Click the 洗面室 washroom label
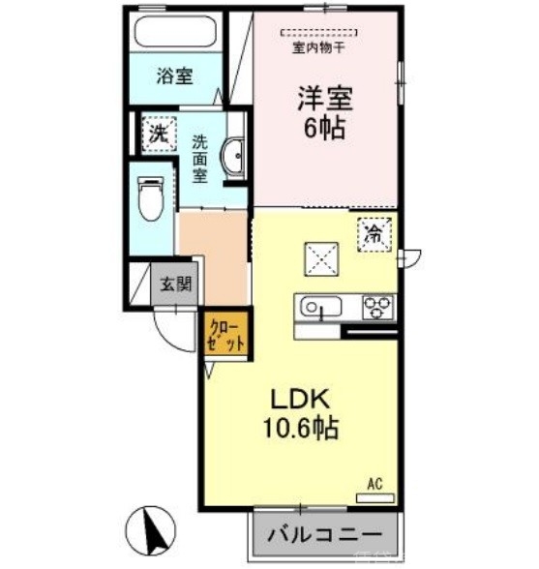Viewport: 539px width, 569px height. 199,157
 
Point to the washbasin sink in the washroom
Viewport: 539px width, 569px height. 233,159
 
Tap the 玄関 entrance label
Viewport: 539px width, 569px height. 176,284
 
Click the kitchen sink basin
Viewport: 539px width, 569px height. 318,308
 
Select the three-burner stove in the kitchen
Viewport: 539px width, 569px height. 378,307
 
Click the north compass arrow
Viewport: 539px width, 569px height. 154,528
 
